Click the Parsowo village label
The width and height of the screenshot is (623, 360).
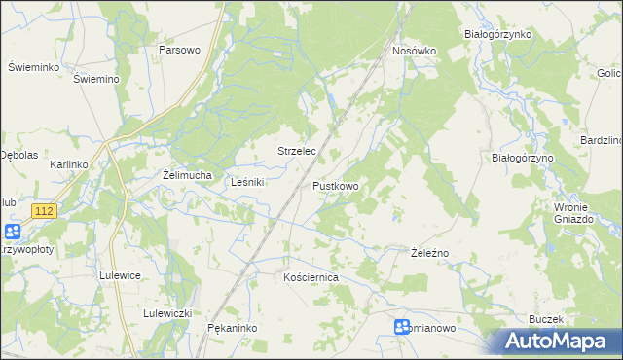179,50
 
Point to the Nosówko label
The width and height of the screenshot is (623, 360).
415,50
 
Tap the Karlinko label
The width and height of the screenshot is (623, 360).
69,164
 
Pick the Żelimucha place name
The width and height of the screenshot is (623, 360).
187,175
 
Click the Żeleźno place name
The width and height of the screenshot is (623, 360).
428,252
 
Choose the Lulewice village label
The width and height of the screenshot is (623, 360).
121,275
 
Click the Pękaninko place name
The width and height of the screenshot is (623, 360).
232,328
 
